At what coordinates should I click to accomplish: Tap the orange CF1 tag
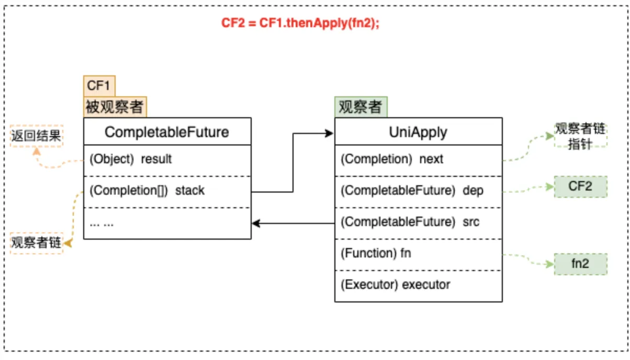tap(99, 85)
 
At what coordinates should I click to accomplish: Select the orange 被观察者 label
tap(115, 107)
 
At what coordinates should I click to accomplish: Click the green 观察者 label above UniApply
tap(361, 107)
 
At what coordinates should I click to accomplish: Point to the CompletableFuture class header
tap(167, 131)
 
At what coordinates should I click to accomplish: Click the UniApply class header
tap(418, 131)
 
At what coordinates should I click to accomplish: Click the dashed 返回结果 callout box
tap(37, 137)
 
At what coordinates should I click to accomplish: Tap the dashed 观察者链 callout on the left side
tap(37, 243)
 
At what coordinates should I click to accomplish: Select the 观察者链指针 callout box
tap(580, 137)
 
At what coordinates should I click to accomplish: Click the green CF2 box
tap(580, 186)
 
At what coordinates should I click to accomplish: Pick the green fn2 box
tap(580, 264)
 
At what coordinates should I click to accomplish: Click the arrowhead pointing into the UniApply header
tap(330, 133)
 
